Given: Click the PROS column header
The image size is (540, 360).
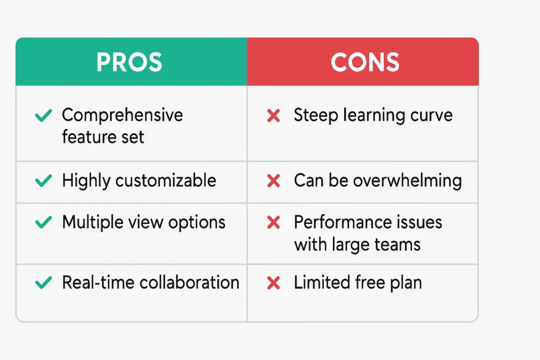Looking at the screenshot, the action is (129, 62).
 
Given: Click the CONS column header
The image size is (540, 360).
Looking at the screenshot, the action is (365, 62).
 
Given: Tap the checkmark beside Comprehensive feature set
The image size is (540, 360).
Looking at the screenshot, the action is (44, 115).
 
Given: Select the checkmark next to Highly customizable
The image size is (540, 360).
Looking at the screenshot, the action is (44, 180).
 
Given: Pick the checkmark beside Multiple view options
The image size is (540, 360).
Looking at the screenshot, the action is (44, 222).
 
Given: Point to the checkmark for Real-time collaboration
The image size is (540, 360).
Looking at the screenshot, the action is (44, 283).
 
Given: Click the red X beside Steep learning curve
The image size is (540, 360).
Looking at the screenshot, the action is (274, 115).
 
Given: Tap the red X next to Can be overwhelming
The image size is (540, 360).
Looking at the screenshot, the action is (274, 181).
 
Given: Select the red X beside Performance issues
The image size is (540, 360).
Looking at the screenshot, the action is (274, 222).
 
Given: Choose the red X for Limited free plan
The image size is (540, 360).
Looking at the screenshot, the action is (274, 283).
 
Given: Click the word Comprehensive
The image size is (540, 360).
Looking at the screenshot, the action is (122, 115).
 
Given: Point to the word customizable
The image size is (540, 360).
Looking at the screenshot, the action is (166, 180).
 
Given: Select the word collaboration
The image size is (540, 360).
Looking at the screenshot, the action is (189, 283).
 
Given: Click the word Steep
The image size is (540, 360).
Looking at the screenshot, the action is (316, 115).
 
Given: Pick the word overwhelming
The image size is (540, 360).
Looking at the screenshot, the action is (408, 181).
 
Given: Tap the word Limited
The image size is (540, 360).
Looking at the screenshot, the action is (322, 283).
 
